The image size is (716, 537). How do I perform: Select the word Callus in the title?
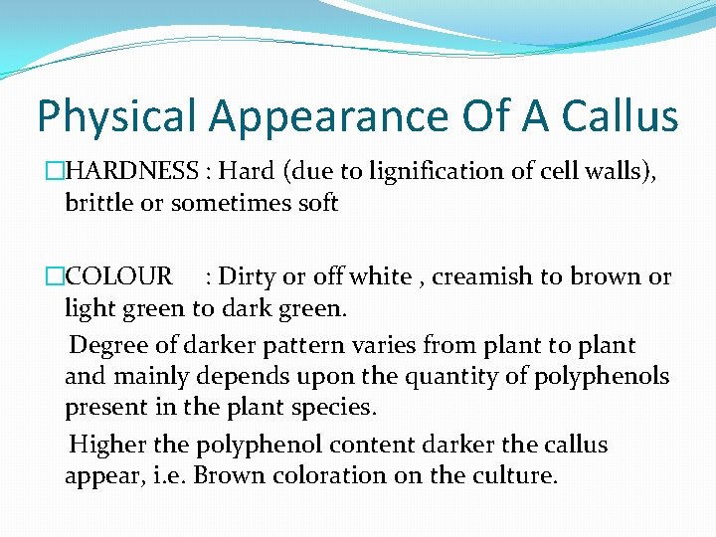click(618, 115)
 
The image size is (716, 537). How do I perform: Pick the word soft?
click(315, 203)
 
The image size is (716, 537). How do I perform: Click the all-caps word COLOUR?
click(118, 276)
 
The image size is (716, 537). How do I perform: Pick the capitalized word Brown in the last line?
click(227, 475)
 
